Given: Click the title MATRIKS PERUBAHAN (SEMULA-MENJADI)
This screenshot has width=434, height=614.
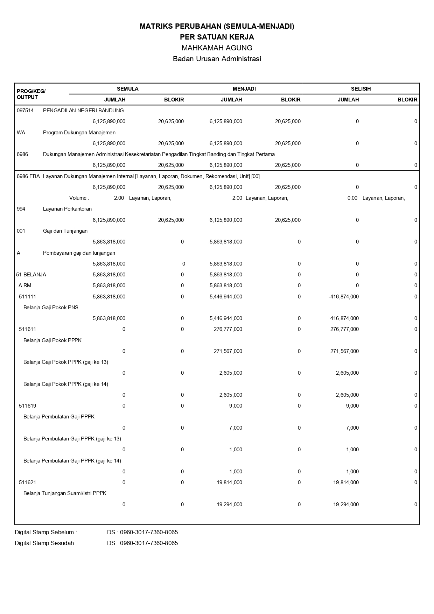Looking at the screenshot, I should (x=217, y=26).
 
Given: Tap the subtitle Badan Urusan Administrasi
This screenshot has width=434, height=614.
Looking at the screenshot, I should (x=217, y=59).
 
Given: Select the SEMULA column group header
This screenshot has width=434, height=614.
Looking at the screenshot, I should (x=127, y=89).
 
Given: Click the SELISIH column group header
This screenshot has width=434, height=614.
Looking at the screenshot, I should (x=361, y=89).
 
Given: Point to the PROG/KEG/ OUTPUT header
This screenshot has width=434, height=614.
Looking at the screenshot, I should (x=31, y=94).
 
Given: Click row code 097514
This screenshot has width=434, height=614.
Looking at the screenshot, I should (x=25, y=111).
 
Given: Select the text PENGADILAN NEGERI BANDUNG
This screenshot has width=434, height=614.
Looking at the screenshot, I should (x=83, y=111).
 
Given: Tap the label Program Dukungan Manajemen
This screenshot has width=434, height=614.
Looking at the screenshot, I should (x=79, y=133).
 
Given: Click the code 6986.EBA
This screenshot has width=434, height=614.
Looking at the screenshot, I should (x=28, y=176).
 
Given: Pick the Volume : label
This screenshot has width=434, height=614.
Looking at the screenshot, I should (x=79, y=198).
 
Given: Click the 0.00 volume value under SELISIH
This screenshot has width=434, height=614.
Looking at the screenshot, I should (x=352, y=198).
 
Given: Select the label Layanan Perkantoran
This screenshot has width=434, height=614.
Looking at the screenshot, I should (x=67, y=209).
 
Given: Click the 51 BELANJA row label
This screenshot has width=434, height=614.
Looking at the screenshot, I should (x=31, y=275).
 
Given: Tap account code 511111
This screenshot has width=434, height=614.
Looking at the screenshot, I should (x=27, y=297).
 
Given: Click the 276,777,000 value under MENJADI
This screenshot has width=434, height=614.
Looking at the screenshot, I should (x=228, y=329).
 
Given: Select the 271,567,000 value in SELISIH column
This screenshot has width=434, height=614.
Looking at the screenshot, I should (x=344, y=351).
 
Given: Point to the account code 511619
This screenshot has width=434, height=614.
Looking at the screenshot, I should (x=27, y=406).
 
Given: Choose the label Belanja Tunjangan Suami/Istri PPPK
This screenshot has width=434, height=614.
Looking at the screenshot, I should (x=65, y=493).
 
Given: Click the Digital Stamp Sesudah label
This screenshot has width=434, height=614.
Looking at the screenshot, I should (x=45, y=543).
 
